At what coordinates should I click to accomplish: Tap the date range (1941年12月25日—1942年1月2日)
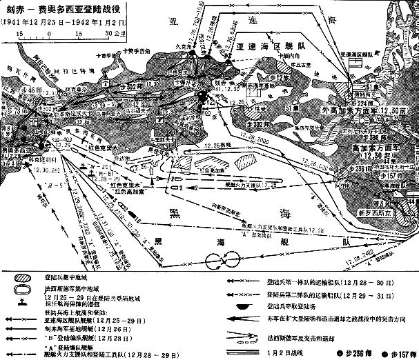[x=67, y=22]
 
